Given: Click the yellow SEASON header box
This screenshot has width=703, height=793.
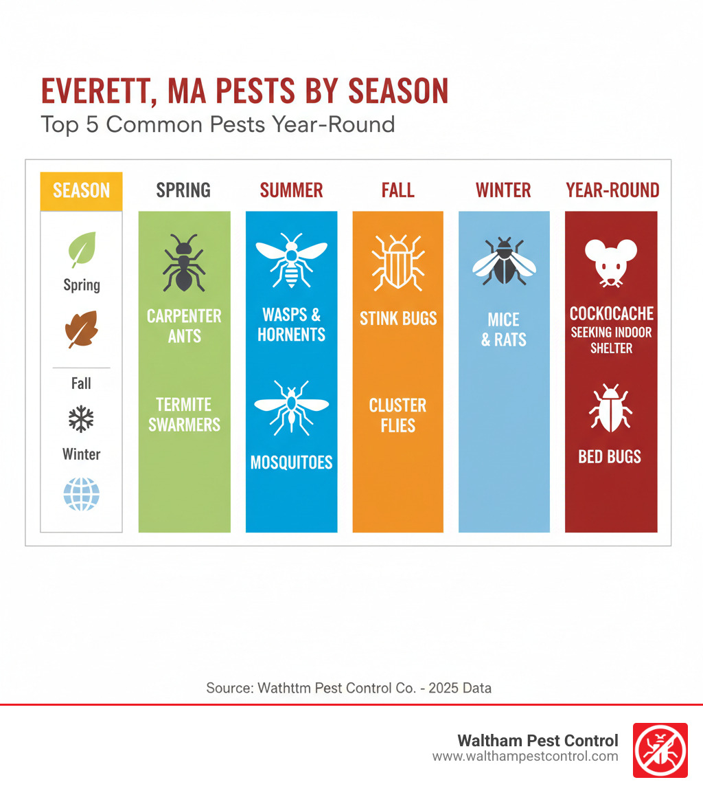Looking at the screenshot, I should [x=81, y=190].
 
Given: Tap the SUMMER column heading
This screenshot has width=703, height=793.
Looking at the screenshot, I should [x=291, y=190].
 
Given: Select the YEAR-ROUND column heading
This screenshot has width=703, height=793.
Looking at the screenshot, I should [x=612, y=190].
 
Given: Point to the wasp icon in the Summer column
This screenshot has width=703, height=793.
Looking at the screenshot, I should [x=291, y=261].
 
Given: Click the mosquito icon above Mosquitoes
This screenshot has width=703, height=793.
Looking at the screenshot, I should [x=291, y=407].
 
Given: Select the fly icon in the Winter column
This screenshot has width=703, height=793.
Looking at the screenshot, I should [x=504, y=262].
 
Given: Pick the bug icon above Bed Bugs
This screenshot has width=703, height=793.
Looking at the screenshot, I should [x=610, y=408].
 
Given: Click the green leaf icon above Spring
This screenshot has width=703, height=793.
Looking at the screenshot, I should [x=82, y=250].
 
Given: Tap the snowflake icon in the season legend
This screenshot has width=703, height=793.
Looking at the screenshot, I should [x=81, y=419].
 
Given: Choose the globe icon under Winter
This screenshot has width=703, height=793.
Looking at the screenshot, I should [x=81, y=493].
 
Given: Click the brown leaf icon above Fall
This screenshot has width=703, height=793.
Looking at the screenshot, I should [x=81, y=328].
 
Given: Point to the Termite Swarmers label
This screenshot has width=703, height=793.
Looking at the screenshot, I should [x=184, y=414].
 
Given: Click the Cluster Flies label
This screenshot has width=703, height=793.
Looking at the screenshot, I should [x=397, y=414].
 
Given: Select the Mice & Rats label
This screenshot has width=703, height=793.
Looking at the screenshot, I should [x=504, y=329].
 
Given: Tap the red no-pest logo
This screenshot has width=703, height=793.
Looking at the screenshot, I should [x=659, y=750].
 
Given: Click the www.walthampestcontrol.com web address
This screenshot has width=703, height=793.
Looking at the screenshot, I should [x=525, y=757].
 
